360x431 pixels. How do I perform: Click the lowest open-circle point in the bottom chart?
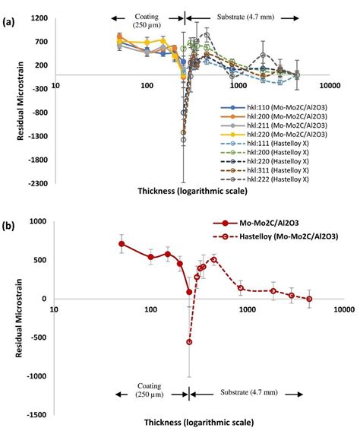click(x=189, y=342)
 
